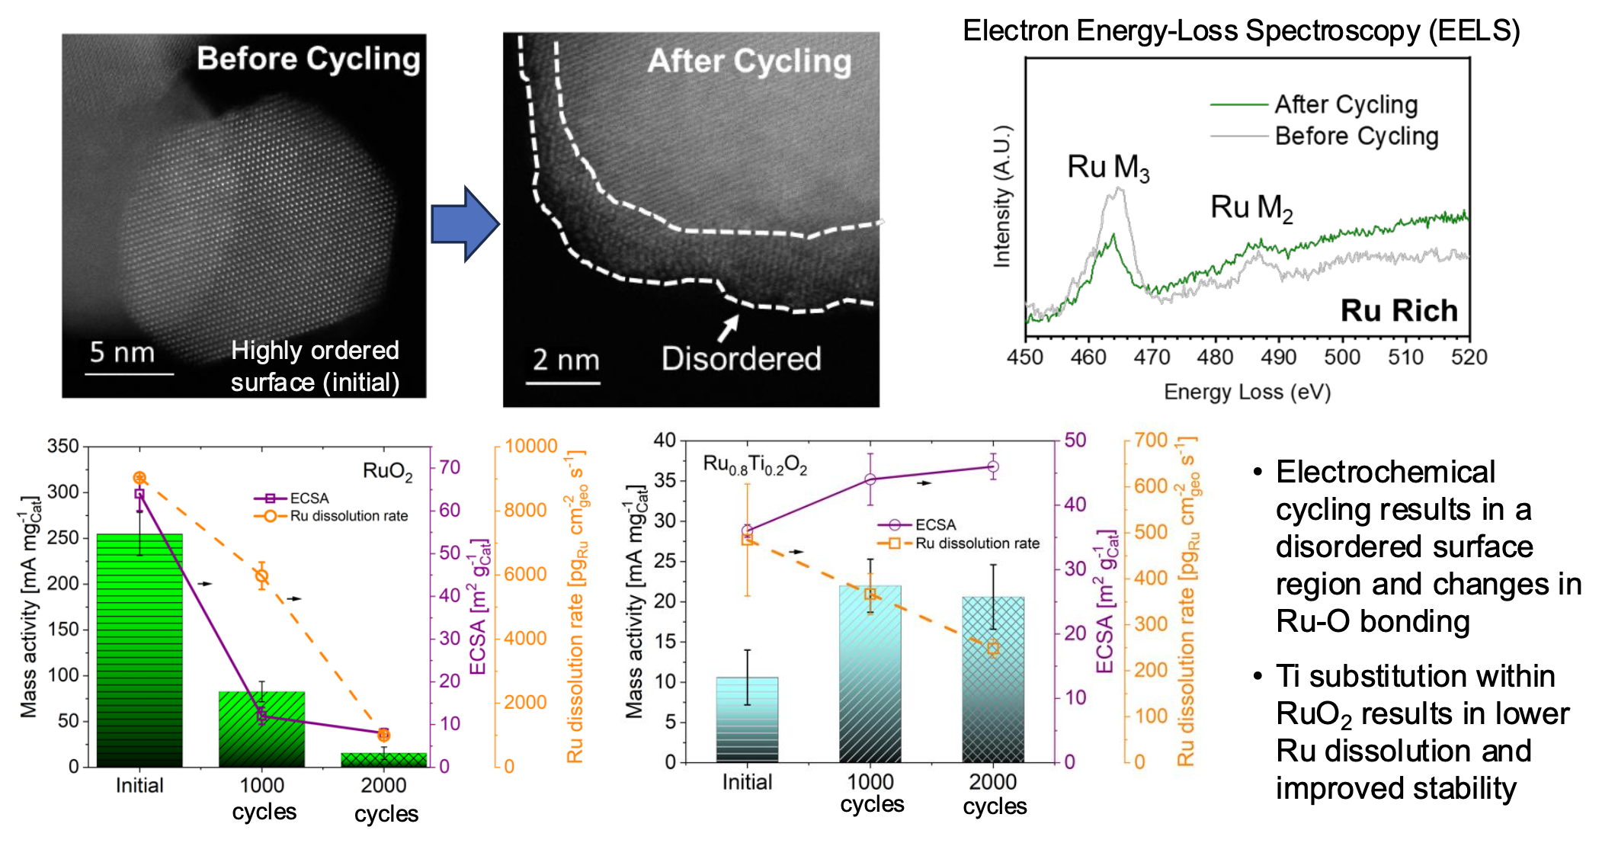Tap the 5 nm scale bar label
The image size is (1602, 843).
[x=122, y=352]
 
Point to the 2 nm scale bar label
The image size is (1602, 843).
[x=566, y=360]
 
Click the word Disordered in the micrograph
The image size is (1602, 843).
[x=741, y=359]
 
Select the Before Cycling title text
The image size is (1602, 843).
[x=309, y=59]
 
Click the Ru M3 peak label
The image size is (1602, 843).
[x=1107, y=168]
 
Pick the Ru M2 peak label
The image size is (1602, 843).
[x=1251, y=207]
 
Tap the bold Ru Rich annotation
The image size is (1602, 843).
[x=1399, y=311]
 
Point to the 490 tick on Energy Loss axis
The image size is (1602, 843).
[x=1278, y=357]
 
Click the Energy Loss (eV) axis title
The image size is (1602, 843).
[x=1247, y=392]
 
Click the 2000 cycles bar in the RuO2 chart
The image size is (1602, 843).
[x=384, y=759]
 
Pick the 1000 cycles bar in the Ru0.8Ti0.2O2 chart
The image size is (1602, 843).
[x=870, y=674]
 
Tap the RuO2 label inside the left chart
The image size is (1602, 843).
[x=387, y=472]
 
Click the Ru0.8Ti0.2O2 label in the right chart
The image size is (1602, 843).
[x=755, y=465]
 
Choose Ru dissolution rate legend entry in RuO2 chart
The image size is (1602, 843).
[x=348, y=516]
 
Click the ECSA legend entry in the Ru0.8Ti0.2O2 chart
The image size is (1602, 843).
[x=934, y=525]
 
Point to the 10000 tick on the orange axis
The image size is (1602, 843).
[x=531, y=447]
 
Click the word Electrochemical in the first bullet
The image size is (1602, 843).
[x=1385, y=473]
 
